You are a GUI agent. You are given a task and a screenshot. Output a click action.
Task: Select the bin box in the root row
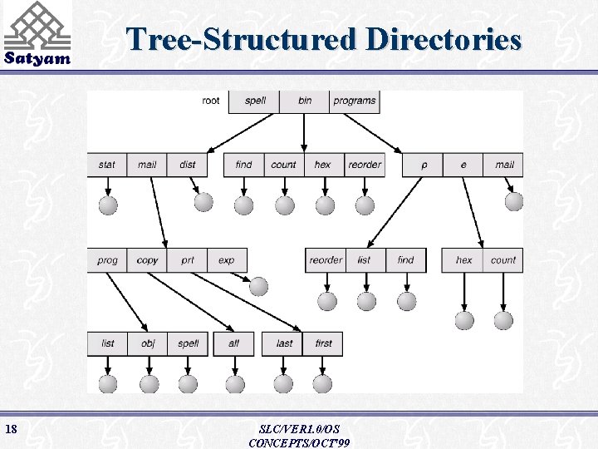[x=305, y=101]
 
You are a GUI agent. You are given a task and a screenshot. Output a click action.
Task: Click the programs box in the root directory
[x=355, y=101]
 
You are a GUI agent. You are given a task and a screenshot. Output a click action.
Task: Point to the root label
[x=211, y=101]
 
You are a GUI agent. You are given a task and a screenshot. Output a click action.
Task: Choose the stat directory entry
[x=107, y=165]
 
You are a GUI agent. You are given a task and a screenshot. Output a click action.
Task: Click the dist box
[x=188, y=165]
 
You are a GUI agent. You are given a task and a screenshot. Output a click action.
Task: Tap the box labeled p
[x=424, y=165]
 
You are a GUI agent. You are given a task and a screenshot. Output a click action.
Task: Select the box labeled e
[x=463, y=165]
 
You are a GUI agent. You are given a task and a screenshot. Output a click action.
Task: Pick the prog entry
[x=107, y=260]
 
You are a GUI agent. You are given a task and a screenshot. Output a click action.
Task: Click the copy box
[x=147, y=260]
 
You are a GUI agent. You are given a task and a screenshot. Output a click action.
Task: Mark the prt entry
[x=188, y=260]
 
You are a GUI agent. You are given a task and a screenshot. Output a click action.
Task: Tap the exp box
[x=227, y=260]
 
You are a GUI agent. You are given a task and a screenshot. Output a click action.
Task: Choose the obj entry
[x=148, y=343]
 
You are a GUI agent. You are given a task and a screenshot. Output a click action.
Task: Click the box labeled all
[x=233, y=343]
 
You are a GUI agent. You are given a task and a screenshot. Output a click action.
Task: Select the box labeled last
[x=284, y=343]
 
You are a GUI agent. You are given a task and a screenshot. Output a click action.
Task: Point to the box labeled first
[x=323, y=343]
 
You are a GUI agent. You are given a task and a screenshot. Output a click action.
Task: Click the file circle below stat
[x=107, y=205]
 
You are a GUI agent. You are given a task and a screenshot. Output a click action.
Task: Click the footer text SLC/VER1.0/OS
[x=299, y=429]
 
